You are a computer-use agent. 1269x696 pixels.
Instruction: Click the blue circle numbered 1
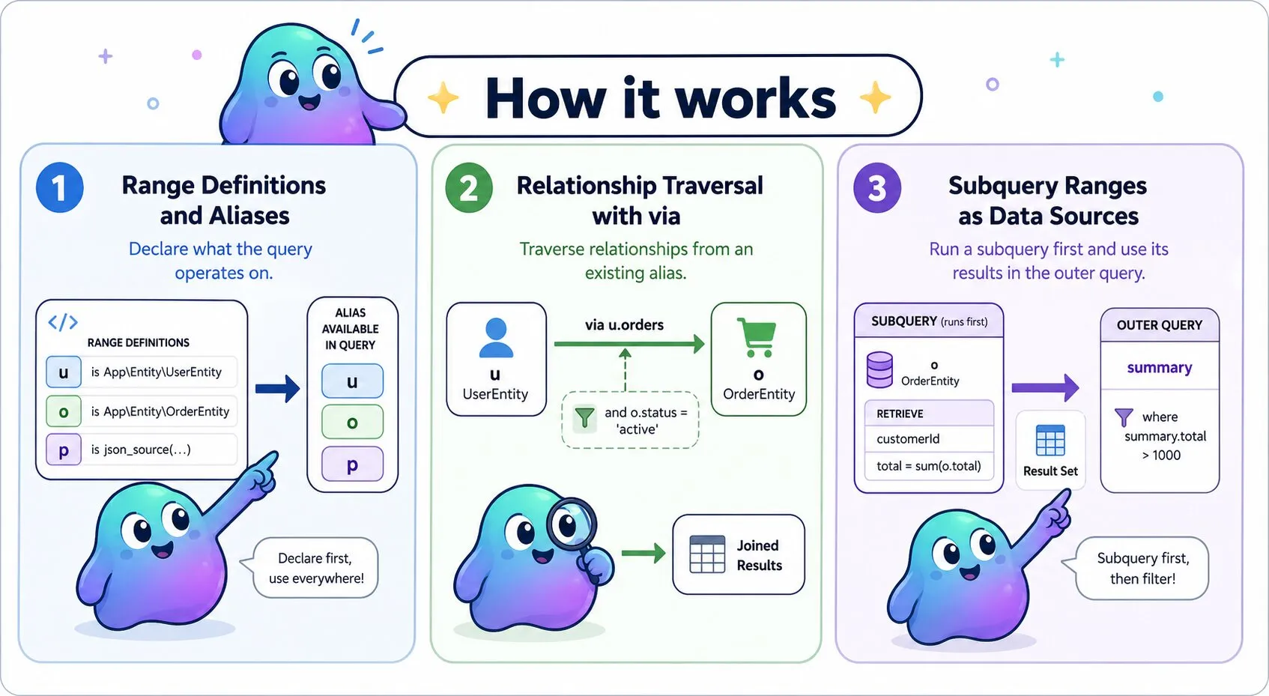[59, 187]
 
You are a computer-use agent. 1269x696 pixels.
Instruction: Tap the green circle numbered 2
[468, 187]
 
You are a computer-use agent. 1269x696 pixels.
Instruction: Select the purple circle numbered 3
[877, 187]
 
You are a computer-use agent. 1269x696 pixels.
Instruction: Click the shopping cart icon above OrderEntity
[757, 337]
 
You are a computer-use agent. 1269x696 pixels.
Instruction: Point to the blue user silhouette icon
[496, 338]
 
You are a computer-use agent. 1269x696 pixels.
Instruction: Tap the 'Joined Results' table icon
[707, 554]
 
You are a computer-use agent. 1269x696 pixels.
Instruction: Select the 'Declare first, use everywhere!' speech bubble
[315, 568]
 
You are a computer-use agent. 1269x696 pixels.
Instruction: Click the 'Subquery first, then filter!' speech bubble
[1139, 568]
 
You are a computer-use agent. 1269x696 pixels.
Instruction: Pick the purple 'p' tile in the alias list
[352, 464]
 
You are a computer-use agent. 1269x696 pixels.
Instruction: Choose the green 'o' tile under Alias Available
[352, 423]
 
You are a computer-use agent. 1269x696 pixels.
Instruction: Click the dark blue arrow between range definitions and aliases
[277, 389]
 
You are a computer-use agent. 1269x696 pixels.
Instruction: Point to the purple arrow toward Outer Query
[1045, 388]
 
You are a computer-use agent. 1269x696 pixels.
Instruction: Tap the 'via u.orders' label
[624, 324]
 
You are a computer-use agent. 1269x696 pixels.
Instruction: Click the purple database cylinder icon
[879, 370]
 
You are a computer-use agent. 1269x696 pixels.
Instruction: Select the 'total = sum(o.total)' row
[929, 466]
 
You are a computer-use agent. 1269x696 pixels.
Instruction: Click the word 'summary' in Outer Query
[1160, 368]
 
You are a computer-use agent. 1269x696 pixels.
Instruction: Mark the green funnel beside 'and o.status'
[584, 418]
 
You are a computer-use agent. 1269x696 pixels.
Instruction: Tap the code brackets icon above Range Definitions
[63, 322]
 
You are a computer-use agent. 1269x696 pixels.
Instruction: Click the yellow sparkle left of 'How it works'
[443, 97]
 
